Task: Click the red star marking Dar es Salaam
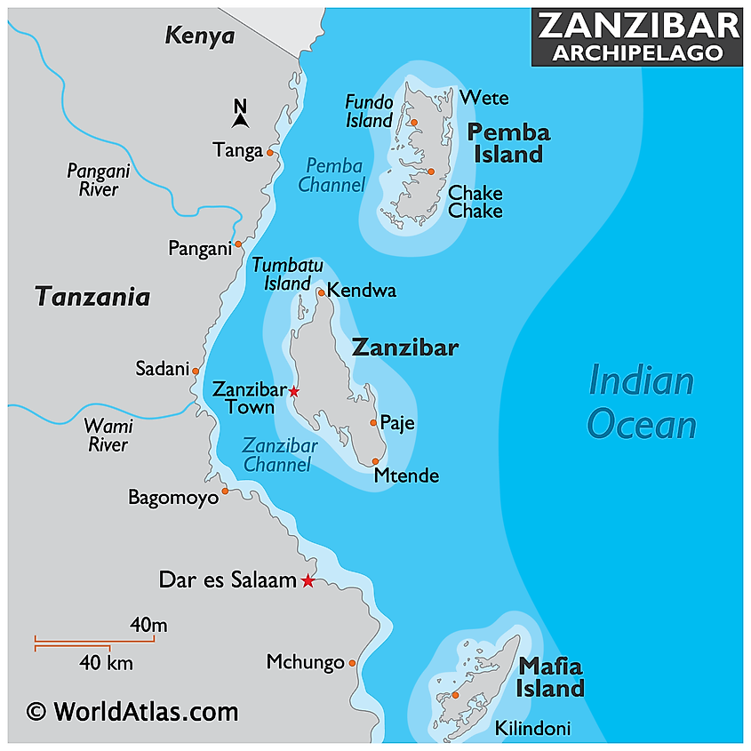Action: (x=308, y=581)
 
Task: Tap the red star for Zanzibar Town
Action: (x=294, y=391)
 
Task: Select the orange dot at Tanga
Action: (x=270, y=152)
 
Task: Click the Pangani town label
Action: (x=199, y=249)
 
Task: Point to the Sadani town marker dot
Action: (x=196, y=371)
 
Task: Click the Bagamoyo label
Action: (x=172, y=498)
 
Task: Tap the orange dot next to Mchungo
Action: (x=352, y=663)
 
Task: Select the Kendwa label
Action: (x=362, y=291)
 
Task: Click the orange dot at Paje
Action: (x=373, y=423)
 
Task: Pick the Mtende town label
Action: (x=406, y=476)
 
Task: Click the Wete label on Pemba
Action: (x=484, y=98)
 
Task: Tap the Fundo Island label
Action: (x=369, y=111)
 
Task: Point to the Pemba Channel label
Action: (x=332, y=175)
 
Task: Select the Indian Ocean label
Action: (x=642, y=403)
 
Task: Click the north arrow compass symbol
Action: (x=239, y=115)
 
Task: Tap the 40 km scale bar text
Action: (x=106, y=662)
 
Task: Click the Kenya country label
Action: (x=200, y=36)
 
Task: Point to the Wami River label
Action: (x=108, y=435)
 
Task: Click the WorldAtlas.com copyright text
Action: (x=132, y=711)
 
